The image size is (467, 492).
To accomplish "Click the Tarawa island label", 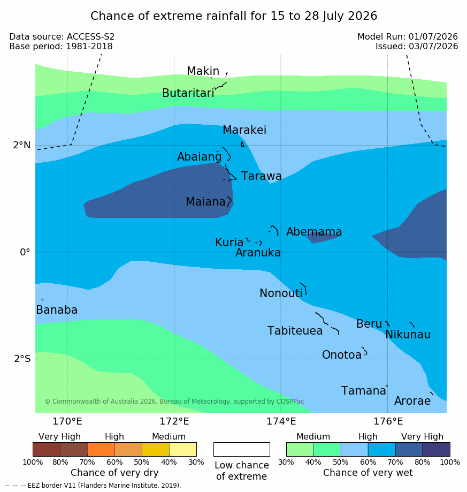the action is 261,176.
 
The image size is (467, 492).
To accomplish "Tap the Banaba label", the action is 57,309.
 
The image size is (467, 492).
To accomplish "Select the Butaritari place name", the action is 188,93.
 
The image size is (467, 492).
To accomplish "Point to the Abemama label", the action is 314,232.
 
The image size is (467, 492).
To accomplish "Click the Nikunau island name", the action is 408,335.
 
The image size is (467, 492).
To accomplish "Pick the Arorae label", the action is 412,400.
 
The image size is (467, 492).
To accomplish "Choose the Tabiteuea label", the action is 295,331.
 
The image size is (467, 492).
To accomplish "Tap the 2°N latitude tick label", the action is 21,145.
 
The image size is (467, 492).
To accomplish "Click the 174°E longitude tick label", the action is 281,421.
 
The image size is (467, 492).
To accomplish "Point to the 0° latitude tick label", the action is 25,252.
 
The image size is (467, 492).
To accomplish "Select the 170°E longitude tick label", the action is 67,421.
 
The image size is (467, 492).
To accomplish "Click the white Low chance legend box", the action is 242,449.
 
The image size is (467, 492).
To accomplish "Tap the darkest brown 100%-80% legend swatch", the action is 47,449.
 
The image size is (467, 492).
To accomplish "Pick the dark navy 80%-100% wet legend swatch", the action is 437,449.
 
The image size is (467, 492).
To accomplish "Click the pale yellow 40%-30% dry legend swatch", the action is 183,449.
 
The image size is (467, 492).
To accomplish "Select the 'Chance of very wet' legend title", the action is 368,473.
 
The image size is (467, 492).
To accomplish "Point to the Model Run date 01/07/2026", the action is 433,37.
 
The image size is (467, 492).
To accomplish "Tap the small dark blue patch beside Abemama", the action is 322,238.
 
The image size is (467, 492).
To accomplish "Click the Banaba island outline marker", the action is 42,300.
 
